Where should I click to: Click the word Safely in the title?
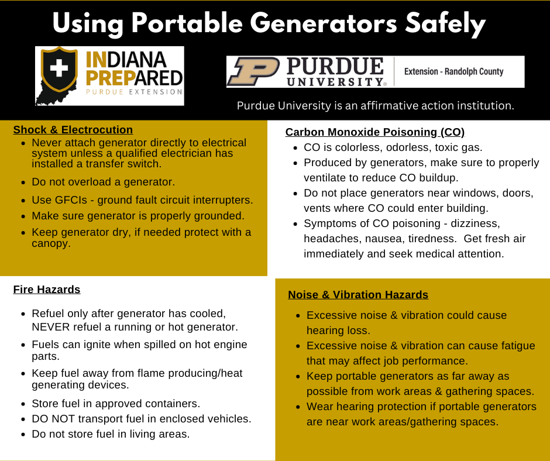coord(445,24)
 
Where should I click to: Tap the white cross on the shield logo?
coord(59,68)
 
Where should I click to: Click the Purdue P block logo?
coord(253,71)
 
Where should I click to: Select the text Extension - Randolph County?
coord(453,71)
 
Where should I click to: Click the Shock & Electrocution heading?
coord(73,129)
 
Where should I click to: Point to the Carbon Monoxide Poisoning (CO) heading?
coord(375,132)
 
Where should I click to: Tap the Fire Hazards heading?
coord(47,290)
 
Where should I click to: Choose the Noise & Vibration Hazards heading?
coord(358,295)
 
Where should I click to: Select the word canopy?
coord(51,243)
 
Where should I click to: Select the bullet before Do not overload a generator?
coord(23,183)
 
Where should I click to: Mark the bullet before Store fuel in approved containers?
coord(23,404)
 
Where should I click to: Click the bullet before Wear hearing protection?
coord(298,407)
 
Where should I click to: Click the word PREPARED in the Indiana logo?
coord(135,78)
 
